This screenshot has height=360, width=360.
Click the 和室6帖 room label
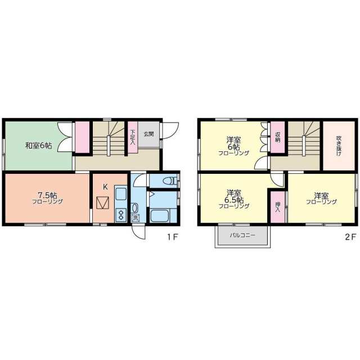pos(39,146)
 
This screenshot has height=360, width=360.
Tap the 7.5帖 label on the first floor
pos(47,195)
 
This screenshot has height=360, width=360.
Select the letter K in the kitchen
pos(105,187)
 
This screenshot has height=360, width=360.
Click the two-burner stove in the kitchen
pos(121,215)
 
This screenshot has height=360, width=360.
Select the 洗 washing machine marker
pos(136,218)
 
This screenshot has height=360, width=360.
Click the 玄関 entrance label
pos(148,134)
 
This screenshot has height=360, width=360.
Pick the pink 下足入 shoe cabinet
pos(133,137)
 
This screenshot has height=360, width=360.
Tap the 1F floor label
pos(173,237)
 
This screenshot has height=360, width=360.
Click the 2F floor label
pos(350,237)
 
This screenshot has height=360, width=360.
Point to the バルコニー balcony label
pos(242,236)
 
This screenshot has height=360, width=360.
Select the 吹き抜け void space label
pos(339,146)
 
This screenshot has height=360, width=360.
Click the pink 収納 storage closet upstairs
pos(277,137)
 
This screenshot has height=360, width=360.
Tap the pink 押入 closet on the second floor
pos(277,207)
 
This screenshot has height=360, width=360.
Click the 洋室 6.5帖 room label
pos(234,198)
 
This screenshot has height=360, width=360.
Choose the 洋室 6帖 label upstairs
pos(234,146)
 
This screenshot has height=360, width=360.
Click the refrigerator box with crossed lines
pos(102,203)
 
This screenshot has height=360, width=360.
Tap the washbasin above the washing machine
pos(134,208)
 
